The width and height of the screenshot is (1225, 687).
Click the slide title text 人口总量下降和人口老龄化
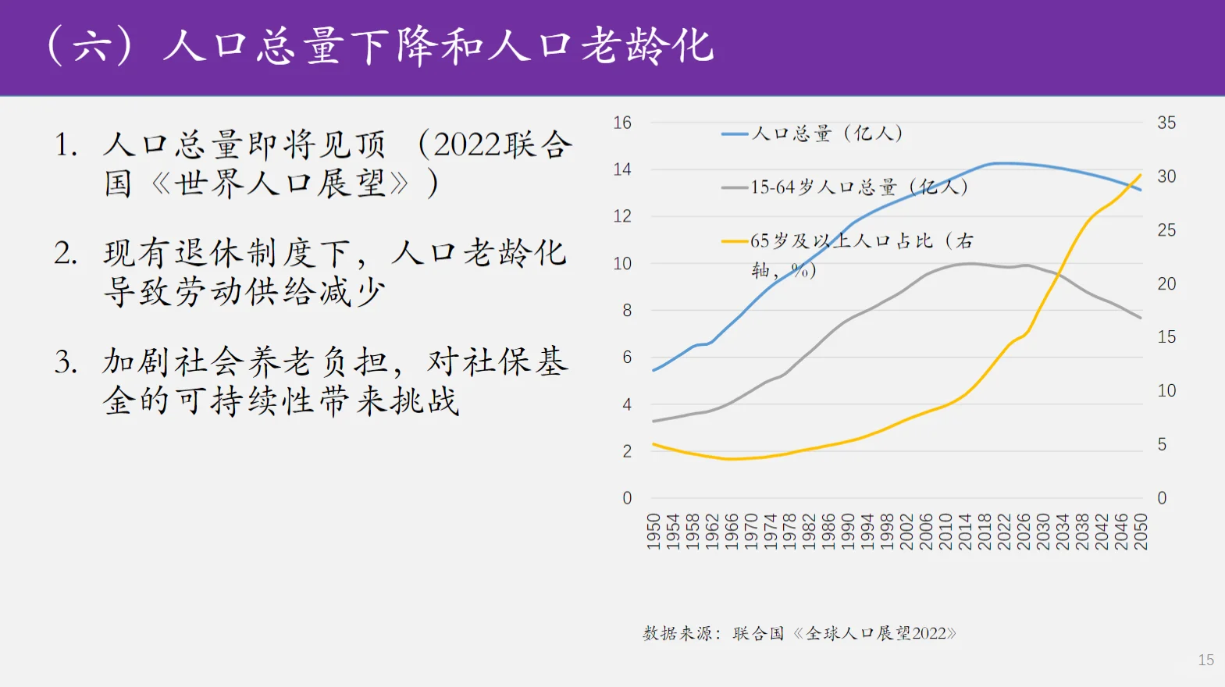[x=437, y=45]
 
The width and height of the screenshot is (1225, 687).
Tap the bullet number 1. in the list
[x=66, y=145]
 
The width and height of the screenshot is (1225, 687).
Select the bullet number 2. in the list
[x=66, y=254]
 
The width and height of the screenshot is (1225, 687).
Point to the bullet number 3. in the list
[x=66, y=362]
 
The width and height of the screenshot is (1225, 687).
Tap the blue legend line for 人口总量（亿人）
[x=735, y=134]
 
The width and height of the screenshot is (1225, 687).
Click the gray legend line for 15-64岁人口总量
[x=735, y=188]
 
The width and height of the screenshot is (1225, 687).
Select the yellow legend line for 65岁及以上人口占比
[x=735, y=241]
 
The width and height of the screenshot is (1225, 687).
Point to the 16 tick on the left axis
[x=622, y=123]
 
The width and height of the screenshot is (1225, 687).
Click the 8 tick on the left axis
[x=627, y=311]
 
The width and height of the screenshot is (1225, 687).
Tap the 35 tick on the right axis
[x=1166, y=123]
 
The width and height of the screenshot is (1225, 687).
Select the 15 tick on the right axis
[x=1166, y=337]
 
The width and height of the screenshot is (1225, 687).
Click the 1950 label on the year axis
[x=653, y=532]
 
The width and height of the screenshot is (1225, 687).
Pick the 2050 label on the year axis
[x=1141, y=532]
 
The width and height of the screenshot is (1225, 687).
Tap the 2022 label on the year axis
[x=1004, y=532]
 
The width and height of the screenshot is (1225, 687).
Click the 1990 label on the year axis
[x=849, y=532]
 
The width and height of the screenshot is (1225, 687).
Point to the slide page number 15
[x=1205, y=660]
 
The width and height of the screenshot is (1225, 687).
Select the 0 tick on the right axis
[x=1162, y=498]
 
